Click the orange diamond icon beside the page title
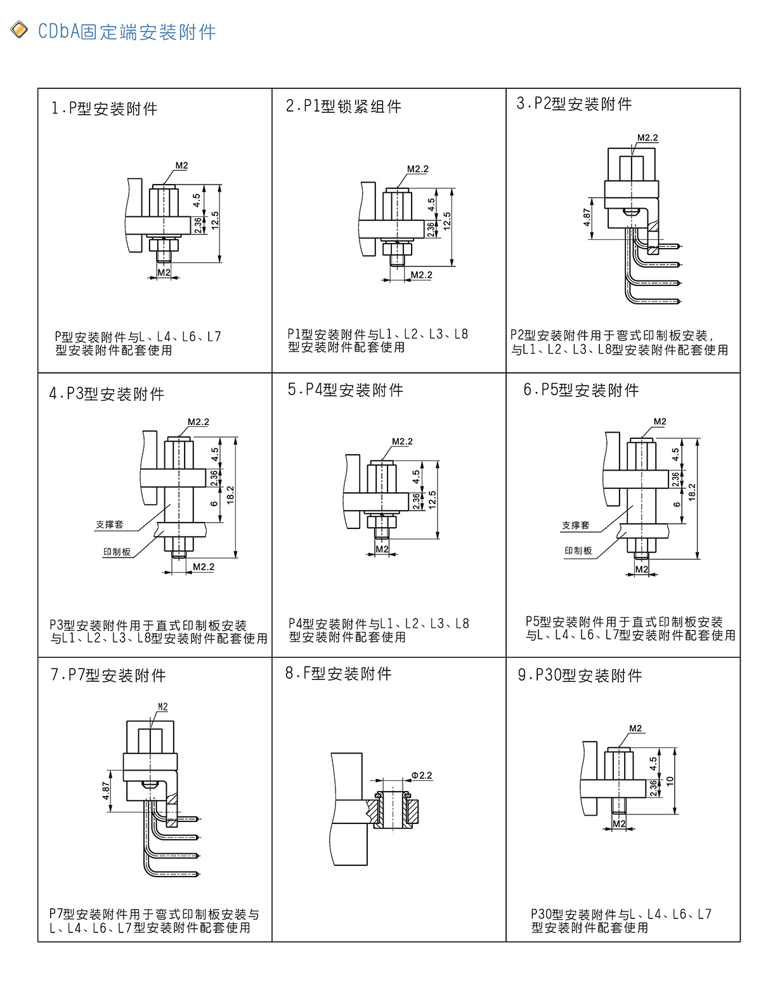(19, 30)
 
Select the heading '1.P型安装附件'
(104, 108)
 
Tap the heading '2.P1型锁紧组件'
(343, 107)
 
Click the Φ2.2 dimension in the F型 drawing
(422, 776)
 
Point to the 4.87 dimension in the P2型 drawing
(587, 217)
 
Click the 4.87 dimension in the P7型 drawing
(106, 790)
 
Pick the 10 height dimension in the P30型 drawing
(670, 781)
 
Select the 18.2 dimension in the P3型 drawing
(230, 495)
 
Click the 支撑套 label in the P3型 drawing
(110, 525)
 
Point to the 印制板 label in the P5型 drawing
(578, 551)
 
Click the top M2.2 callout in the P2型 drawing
(647, 138)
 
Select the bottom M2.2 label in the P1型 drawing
(421, 275)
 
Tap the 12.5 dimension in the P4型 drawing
(432, 500)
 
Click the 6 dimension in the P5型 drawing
(677, 505)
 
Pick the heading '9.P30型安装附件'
(580, 675)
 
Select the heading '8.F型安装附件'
(338, 673)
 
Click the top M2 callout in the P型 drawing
(181, 166)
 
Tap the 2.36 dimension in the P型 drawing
(197, 225)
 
